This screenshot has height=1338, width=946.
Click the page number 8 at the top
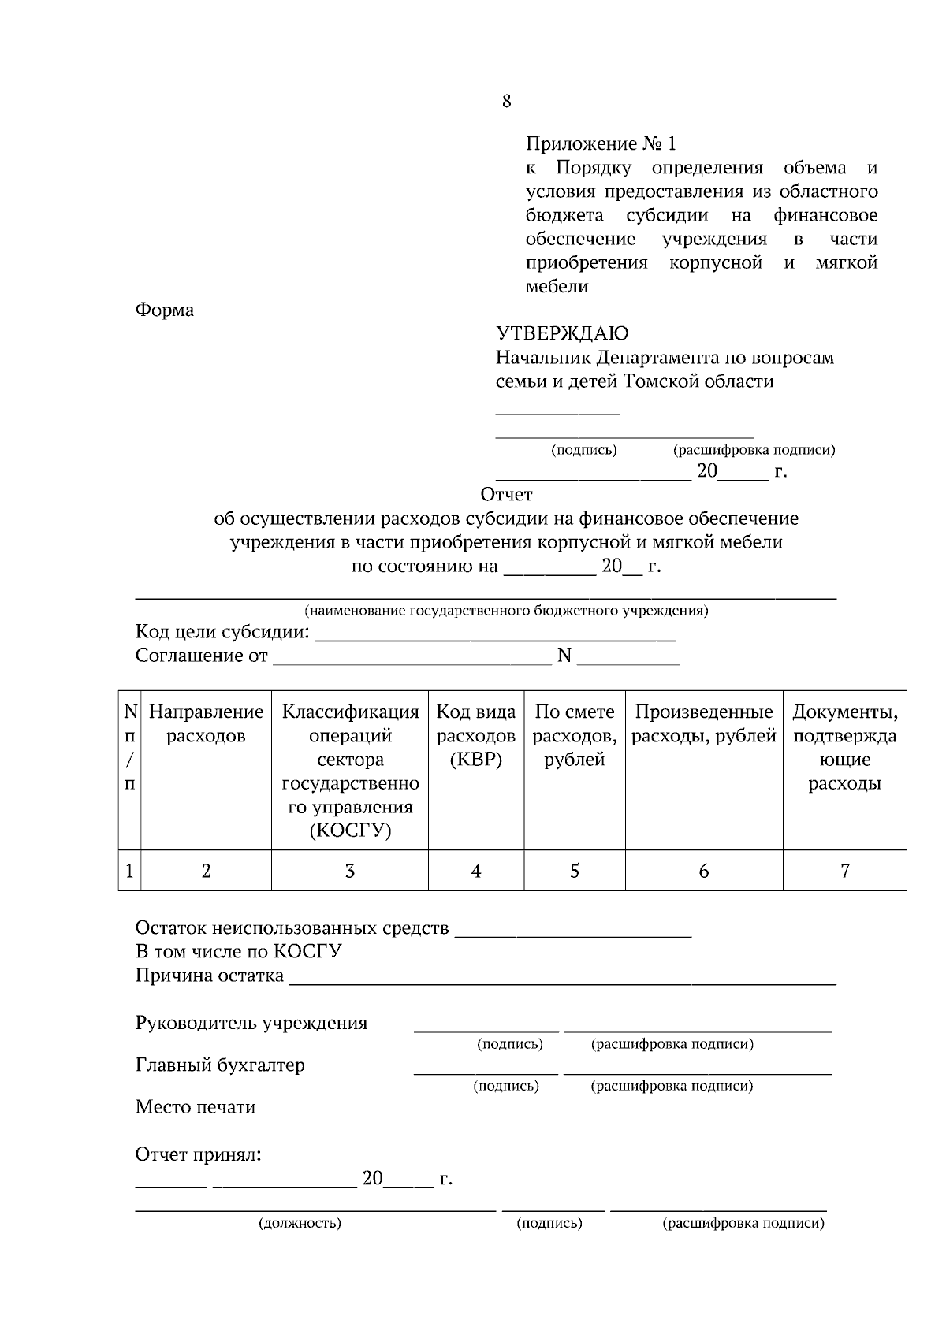tap(506, 101)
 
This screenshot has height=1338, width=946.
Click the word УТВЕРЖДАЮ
tap(561, 333)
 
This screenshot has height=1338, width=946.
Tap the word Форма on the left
tap(165, 310)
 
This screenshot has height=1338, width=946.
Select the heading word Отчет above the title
tap(506, 494)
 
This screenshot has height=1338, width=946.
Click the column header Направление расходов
tap(206, 724)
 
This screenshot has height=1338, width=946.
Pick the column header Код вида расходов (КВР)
tap(476, 736)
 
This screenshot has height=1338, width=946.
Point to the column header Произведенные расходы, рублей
tap(704, 724)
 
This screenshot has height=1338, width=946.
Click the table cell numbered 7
tap(844, 870)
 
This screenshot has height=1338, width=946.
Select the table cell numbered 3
tap(349, 870)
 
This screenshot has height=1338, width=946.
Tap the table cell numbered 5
tap(574, 870)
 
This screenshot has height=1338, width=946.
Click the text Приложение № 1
tap(601, 143)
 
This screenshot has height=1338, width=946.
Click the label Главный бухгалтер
tap(220, 1065)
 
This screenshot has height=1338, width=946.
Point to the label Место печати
tap(196, 1107)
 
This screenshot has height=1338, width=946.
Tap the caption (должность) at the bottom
tap(300, 1223)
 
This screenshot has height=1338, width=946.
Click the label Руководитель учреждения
tap(251, 1023)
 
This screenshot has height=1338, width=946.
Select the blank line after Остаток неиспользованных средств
tap(573, 934)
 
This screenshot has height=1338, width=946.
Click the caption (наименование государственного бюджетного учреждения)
tap(506, 611)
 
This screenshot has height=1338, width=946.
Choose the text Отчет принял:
tap(198, 1154)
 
